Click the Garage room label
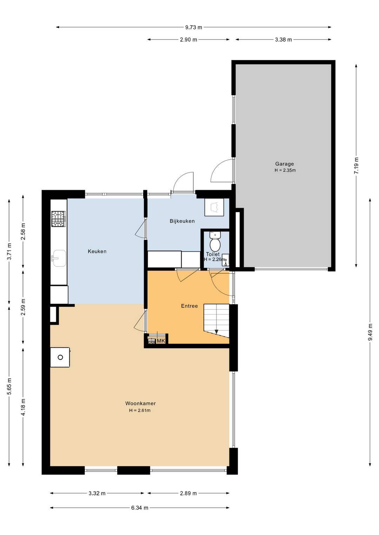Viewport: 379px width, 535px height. coord(284,164)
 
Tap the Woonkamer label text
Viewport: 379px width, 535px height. coord(140,404)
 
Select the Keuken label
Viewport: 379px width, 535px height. coord(97,251)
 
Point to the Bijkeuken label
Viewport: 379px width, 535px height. coord(182,221)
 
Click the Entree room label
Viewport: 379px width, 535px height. coord(189,306)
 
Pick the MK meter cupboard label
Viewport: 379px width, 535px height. coord(161,341)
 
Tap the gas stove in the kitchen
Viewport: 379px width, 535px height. coord(58,218)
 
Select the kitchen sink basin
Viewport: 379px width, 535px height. coord(59,258)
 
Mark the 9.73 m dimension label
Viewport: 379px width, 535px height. coord(193,27)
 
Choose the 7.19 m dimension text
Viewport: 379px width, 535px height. coord(356,166)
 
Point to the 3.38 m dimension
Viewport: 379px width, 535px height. coord(283,40)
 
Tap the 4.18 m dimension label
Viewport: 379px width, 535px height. coord(23,407)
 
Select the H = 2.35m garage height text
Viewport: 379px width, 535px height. coord(285,170)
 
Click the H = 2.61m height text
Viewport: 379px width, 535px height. coord(140,410)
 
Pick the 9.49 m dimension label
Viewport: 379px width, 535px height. coord(370,332)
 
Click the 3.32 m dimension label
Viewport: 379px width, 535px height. coord(97,493)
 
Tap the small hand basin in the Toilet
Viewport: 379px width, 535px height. coord(226,260)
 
